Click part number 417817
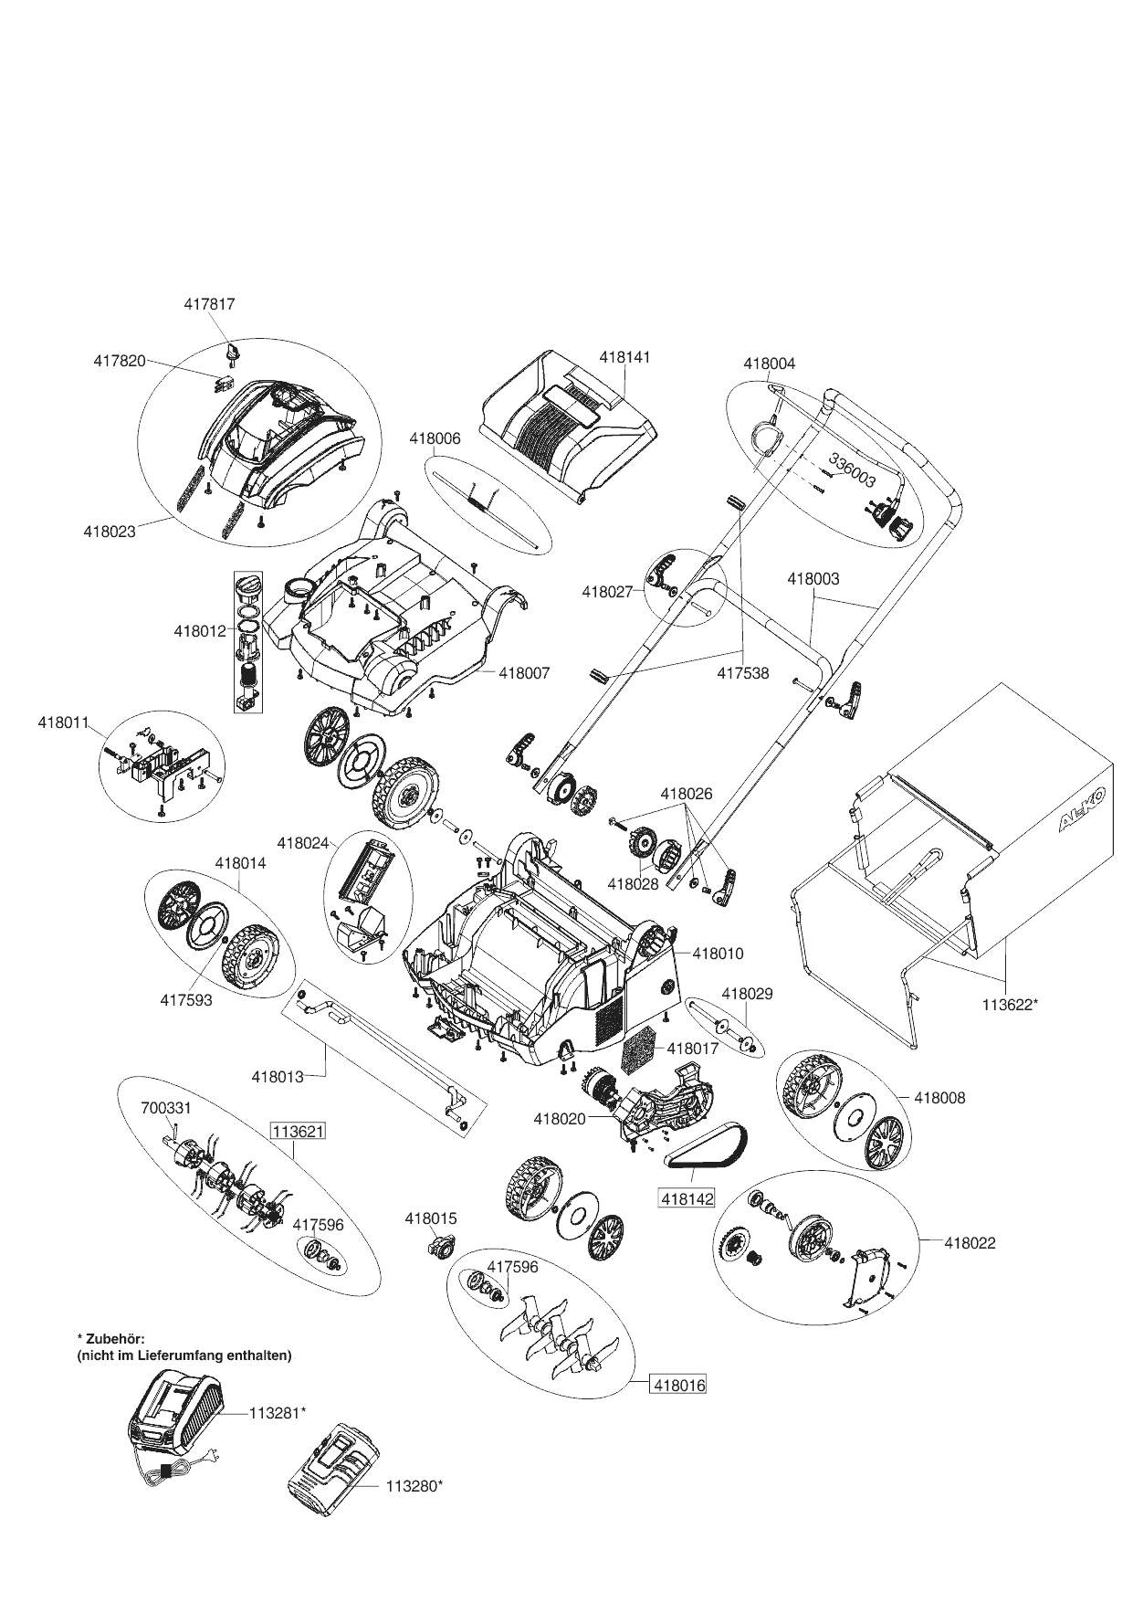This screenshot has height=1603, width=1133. pyautogui.click(x=209, y=304)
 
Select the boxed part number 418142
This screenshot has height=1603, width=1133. pyautogui.click(x=687, y=1197)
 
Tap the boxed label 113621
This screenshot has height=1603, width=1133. pyautogui.click(x=298, y=1132)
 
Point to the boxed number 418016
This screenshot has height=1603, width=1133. pyautogui.click(x=678, y=1385)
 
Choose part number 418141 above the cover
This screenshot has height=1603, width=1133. pyautogui.click(x=624, y=358)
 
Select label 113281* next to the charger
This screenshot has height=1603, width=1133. pyautogui.click(x=277, y=1412)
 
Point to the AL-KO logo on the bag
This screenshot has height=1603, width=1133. pyautogui.click(x=1083, y=808)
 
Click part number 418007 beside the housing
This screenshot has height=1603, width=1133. pyautogui.click(x=524, y=673)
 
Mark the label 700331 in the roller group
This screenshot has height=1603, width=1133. pyautogui.click(x=165, y=1108)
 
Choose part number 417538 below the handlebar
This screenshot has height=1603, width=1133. pyautogui.click(x=742, y=674)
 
